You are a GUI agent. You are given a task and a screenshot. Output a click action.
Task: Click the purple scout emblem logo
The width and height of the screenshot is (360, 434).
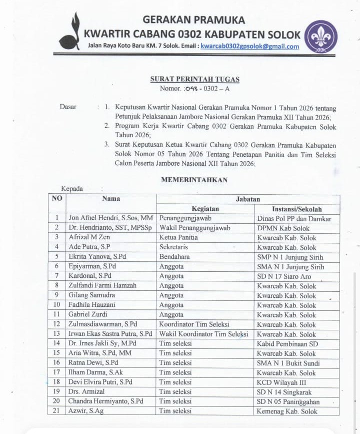(321, 36)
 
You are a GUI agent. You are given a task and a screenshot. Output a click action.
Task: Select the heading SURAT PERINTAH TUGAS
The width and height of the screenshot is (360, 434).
(194, 79)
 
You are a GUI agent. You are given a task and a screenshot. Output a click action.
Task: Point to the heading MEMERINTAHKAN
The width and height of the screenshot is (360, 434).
(194, 180)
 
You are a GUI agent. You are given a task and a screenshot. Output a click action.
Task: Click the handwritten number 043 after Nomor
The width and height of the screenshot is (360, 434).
(193, 89)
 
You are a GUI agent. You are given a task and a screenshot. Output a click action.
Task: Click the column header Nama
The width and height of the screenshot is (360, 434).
(111, 199)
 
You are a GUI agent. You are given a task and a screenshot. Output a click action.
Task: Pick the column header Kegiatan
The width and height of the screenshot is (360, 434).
(205, 209)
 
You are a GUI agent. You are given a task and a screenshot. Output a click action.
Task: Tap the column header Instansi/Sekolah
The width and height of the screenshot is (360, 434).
(297, 209)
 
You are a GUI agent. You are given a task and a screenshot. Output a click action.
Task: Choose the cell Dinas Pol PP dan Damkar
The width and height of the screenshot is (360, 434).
(294, 219)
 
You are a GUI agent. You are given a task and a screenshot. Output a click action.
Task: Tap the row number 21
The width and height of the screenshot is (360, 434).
(56, 411)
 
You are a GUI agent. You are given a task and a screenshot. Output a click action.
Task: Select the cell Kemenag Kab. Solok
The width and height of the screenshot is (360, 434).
(287, 411)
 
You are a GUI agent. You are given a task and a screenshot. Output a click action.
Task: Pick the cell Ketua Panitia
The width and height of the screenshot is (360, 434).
(178, 238)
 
